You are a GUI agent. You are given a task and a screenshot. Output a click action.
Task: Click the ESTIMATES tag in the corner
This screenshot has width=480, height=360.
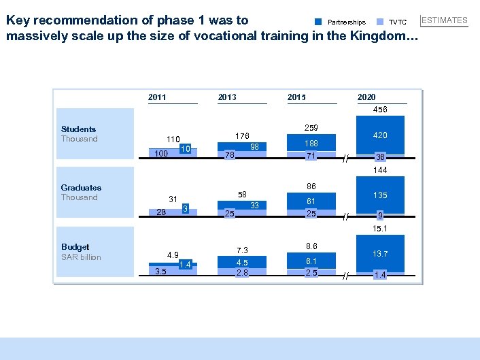tap(445, 20)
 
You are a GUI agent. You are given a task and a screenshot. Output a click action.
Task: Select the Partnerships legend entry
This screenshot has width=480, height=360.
tap(346, 22)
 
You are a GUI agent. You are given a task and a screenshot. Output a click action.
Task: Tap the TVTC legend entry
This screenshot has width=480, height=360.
tap(397, 22)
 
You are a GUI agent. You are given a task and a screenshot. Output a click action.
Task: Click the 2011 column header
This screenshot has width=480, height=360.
tap(157, 97)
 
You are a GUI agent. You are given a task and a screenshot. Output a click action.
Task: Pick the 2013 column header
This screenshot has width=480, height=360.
tap(227, 97)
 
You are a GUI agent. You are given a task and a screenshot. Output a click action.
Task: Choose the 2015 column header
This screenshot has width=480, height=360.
tap(296, 97)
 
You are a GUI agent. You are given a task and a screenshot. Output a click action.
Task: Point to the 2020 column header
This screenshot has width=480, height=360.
tap(366, 97)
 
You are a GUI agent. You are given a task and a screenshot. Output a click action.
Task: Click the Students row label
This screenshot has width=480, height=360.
tap(78, 129)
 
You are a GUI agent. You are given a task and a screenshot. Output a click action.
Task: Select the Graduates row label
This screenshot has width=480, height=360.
tap(81, 188)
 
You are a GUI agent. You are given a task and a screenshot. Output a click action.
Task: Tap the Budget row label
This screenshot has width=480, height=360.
tap(75, 247)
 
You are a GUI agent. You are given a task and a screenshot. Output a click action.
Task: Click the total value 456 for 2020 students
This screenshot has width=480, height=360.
tap(380, 110)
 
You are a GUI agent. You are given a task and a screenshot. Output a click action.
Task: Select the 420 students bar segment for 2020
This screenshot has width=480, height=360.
tap(380, 135)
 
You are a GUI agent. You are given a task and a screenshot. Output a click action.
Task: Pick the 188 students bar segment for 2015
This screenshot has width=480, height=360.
tap(310, 144)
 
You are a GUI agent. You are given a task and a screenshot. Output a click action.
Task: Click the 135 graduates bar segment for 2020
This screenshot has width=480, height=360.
tap(380, 195)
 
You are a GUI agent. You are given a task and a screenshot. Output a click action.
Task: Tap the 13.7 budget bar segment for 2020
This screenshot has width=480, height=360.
tap(380, 253)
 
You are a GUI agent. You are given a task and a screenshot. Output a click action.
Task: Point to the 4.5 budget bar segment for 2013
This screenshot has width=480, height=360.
tap(242, 263)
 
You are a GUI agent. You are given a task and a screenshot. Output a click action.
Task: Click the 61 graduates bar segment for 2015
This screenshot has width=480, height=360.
tap(310, 201)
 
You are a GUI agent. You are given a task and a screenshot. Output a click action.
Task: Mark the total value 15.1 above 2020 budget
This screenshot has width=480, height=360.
tap(380, 229)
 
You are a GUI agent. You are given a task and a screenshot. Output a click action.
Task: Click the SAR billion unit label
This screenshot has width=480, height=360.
tap(81, 257)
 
